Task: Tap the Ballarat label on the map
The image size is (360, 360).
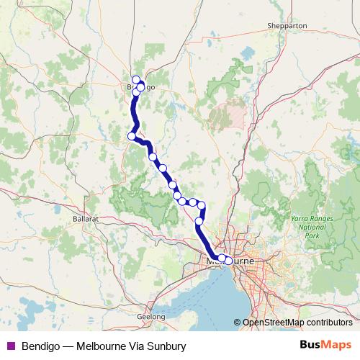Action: click(85, 217)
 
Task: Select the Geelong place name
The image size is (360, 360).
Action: click(152, 316)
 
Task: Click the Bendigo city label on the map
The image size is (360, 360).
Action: click(137, 87)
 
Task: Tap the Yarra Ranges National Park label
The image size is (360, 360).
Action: click(311, 225)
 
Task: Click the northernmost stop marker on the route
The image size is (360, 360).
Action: click(136, 80)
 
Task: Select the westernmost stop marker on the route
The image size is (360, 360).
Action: click(132, 135)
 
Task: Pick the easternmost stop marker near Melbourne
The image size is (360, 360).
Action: click(229, 261)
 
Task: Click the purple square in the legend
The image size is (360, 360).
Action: click(10, 346)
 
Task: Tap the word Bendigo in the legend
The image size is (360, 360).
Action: click(40, 346)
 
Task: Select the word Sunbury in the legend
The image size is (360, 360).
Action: click(166, 346)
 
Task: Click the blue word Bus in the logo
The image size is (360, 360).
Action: click(312, 346)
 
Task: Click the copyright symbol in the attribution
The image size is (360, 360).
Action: click(238, 323)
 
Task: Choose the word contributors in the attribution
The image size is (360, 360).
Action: click(328, 323)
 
